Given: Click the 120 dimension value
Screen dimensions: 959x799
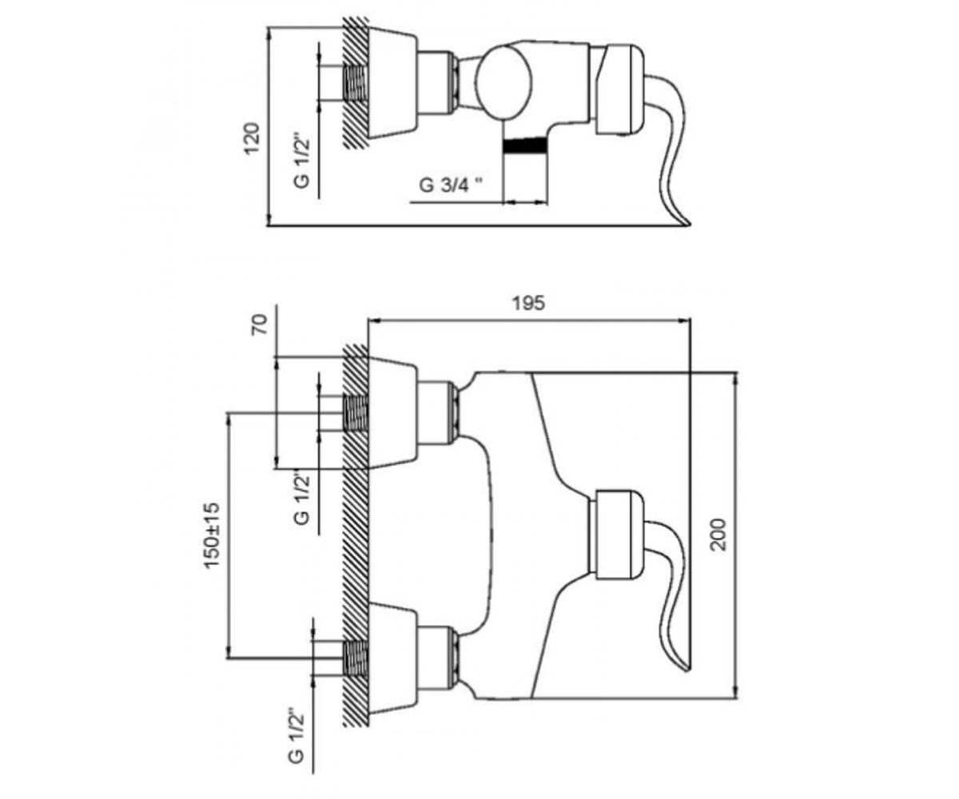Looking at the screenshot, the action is click(253, 138).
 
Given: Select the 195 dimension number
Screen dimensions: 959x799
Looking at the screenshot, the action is click(528, 303).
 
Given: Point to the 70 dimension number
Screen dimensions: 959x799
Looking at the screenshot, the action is click(259, 324).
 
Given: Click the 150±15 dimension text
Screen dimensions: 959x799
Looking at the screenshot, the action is click(212, 536).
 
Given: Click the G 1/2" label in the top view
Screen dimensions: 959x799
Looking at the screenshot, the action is click(302, 161).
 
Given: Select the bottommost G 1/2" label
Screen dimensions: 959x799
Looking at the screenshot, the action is click(297, 739).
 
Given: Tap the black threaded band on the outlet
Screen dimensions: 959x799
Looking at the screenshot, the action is click(525, 146).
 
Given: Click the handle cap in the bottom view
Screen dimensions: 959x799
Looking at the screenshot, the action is click(619, 535).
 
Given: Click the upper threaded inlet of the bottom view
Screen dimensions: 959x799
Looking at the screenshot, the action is click(356, 413).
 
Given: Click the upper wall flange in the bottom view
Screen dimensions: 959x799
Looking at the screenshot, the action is click(392, 413).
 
